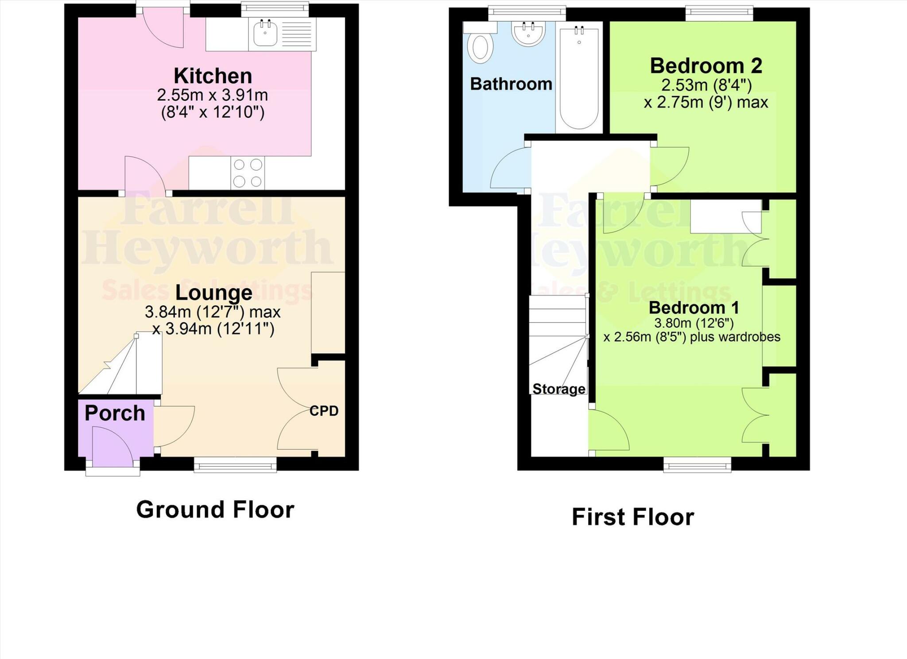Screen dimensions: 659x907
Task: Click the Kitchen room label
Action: [x=213, y=76]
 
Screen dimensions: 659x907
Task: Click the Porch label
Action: [x=115, y=413]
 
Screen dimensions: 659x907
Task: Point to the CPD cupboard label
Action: [x=324, y=411]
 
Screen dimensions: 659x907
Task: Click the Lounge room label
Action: [x=213, y=293]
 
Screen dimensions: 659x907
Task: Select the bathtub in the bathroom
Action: [x=579, y=77]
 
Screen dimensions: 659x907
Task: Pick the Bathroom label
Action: [x=511, y=84]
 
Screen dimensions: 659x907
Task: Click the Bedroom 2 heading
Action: [x=706, y=66]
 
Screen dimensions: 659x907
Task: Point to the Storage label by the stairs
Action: [x=558, y=389]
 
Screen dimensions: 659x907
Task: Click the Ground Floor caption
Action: [x=215, y=509]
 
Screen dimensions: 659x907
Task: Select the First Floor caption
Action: [x=632, y=517]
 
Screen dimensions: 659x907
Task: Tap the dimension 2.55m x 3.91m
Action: [x=213, y=95]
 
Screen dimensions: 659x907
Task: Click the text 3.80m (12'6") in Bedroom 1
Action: [x=694, y=323]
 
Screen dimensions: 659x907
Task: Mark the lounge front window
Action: [x=235, y=465]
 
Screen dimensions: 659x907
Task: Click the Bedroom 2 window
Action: [x=719, y=13]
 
